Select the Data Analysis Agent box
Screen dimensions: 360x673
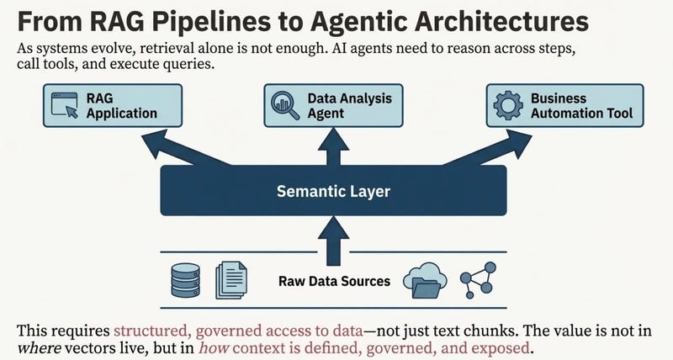pos(336,105)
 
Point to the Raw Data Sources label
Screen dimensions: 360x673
pos(333,280)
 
